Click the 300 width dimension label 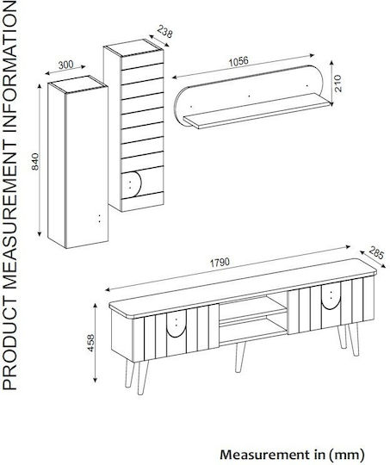coord(65,65)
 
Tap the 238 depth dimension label coord(164,32)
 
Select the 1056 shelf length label coord(238,61)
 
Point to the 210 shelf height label coord(338,84)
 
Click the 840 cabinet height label coord(35,162)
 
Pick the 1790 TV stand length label coord(220,263)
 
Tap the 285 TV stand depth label coord(376,253)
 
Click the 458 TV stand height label coord(91,343)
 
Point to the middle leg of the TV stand coord(239,356)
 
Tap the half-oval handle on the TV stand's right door coord(331,296)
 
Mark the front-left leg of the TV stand coord(143,377)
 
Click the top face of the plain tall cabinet coord(77,83)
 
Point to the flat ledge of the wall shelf coord(257,111)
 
